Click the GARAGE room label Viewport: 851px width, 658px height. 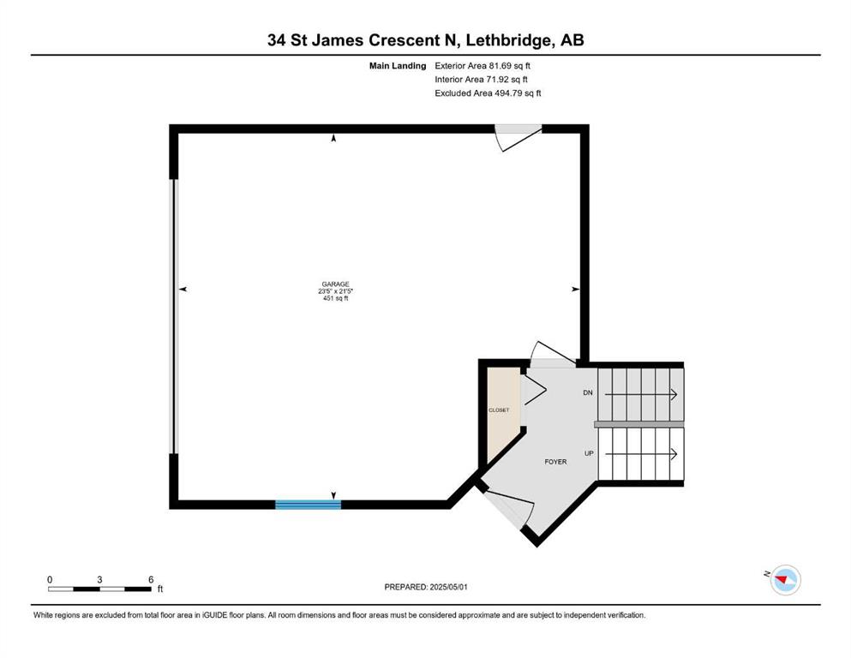[335, 284]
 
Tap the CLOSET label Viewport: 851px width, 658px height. [499, 410]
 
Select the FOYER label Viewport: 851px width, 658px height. [555, 462]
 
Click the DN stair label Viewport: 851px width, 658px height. [588, 392]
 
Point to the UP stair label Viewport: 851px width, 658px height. [589, 453]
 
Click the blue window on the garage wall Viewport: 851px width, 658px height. [309, 505]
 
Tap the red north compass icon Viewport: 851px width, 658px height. [785, 580]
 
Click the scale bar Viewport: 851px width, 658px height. [99, 589]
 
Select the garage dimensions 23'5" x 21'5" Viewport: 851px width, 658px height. [335, 290]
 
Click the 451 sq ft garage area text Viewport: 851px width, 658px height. [335, 298]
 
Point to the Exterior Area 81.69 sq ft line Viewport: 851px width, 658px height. [482, 66]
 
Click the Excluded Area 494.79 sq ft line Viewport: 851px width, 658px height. [488, 93]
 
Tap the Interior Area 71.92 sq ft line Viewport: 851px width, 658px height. [481, 79]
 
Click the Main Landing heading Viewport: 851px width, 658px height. [398, 66]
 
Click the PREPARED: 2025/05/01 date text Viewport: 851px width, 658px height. [426, 587]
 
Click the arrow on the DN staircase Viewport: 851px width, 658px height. [641, 394]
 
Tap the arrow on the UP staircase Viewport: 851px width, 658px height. [641, 453]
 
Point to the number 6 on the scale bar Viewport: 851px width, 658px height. [151, 579]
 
